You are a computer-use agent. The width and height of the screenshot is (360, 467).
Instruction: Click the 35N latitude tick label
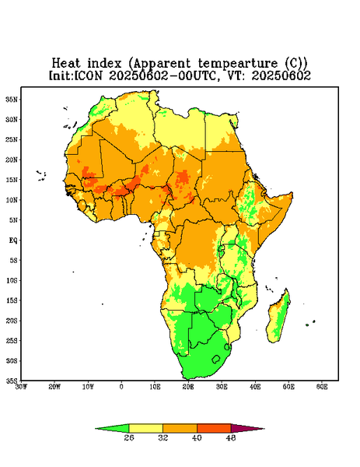click(12, 100)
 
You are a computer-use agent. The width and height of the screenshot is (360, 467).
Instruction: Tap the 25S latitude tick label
click(12, 340)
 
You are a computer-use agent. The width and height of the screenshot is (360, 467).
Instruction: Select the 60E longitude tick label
click(322, 387)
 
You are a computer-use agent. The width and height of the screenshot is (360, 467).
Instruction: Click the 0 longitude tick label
click(121, 387)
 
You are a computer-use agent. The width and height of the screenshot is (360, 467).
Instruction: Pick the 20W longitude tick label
click(54, 387)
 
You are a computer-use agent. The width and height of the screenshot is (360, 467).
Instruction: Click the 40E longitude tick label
click(255, 387)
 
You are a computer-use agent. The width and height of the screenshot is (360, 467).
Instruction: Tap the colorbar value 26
click(129, 437)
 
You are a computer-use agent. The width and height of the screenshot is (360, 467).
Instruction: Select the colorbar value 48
click(231, 437)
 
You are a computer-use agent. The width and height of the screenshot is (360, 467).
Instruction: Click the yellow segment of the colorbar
click(145, 428)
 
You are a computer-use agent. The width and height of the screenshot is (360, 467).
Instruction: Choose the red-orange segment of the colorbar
click(214, 428)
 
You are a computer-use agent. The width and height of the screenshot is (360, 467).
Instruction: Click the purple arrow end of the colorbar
click(247, 428)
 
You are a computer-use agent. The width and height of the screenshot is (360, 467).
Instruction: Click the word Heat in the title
click(66, 63)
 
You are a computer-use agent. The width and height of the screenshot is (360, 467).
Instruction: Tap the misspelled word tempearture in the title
click(238, 64)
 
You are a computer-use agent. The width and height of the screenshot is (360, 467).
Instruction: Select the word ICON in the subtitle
click(88, 75)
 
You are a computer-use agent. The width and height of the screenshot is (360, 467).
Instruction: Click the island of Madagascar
click(279, 318)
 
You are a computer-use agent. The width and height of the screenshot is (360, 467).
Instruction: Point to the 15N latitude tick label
click(12, 180)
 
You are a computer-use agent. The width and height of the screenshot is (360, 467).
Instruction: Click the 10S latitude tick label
click(12, 280)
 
